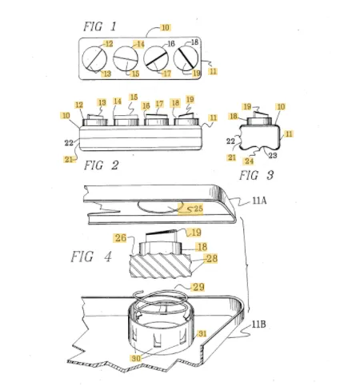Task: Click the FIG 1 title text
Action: [x=100, y=26]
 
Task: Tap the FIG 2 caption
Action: [x=101, y=165]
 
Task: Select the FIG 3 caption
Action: [x=256, y=175]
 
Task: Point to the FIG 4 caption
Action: [x=90, y=257]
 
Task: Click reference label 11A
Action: [x=259, y=201]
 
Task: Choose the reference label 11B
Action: [x=258, y=324]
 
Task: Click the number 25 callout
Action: [x=198, y=209]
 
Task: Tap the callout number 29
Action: [x=198, y=287]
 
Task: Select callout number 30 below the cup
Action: [x=136, y=358]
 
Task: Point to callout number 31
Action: [x=202, y=333]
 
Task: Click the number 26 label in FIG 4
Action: [x=121, y=238]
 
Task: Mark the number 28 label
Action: [x=212, y=258]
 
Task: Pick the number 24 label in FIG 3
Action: [x=249, y=161]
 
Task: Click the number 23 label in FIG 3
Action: [x=273, y=155]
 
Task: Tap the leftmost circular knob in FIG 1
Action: [x=94, y=59]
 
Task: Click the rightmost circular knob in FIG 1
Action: [x=186, y=58]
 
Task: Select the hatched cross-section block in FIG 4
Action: [x=160, y=266]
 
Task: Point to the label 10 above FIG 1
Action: [x=166, y=27]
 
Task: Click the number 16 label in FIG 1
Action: [x=171, y=44]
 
